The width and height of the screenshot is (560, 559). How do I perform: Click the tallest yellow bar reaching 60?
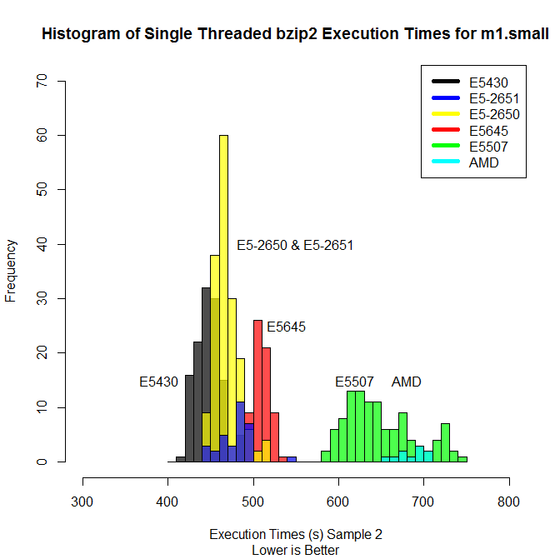(x=223, y=298)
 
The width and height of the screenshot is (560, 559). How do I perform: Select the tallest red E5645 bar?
(x=257, y=391)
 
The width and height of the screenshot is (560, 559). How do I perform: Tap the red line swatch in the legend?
(x=446, y=130)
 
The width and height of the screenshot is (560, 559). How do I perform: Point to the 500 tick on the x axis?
(x=253, y=482)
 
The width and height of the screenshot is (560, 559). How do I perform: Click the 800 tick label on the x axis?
(x=508, y=502)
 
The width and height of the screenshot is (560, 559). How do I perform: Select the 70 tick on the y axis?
(x=62, y=81)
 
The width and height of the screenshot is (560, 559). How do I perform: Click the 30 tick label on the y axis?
(x=42, y=298)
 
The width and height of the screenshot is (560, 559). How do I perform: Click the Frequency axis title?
(x=11, y=271)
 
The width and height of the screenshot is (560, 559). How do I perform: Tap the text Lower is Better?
(x=295, y=551)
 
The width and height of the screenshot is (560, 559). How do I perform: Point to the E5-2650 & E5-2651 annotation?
(x=295, y=246)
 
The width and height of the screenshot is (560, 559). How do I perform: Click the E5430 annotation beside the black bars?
(x=158, y=382)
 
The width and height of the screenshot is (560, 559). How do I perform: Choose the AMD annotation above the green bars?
(x=407, y=382)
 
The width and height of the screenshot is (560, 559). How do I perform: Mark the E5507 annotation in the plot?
(x=354, y=382)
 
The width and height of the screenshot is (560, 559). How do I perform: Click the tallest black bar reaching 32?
(x=207, y=375)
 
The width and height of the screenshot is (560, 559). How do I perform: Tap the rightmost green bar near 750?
(x=462, y=459)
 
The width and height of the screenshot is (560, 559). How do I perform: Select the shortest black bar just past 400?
(x=181, y=459)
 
